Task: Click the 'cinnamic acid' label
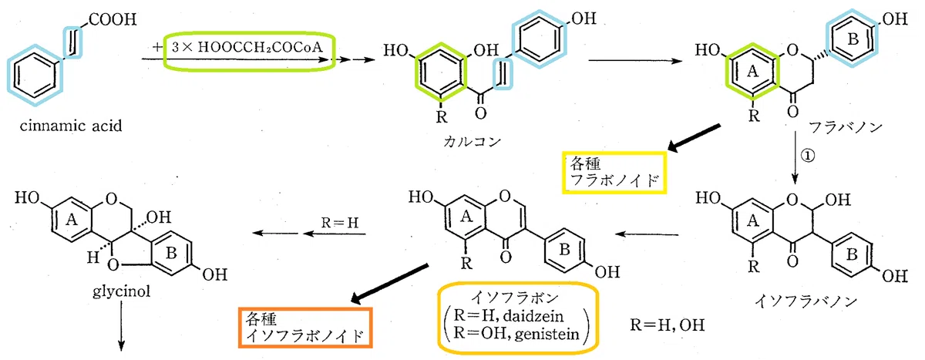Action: pos(71,126)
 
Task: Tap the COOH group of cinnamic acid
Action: pos(113,19)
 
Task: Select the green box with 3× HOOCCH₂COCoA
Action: pos(250,52)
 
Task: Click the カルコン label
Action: pos(472,142)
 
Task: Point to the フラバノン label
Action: pos(845,126)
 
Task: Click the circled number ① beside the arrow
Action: pos(808,156)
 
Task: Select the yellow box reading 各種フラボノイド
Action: pos(614,172)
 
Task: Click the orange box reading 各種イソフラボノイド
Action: pos(305,328)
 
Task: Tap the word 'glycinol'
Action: pos(121,291)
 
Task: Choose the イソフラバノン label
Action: pos(806,301)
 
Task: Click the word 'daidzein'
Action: pos(533,316)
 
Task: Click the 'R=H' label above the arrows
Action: pos(339,223)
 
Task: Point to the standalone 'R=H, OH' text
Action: pos(667,325)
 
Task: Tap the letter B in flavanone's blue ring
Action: pos(853,39)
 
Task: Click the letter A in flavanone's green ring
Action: pos(752,72)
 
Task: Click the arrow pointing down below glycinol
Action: pos(122,326)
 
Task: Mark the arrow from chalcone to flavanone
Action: pos(635,61)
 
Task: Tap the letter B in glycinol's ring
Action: pos(171,253)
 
